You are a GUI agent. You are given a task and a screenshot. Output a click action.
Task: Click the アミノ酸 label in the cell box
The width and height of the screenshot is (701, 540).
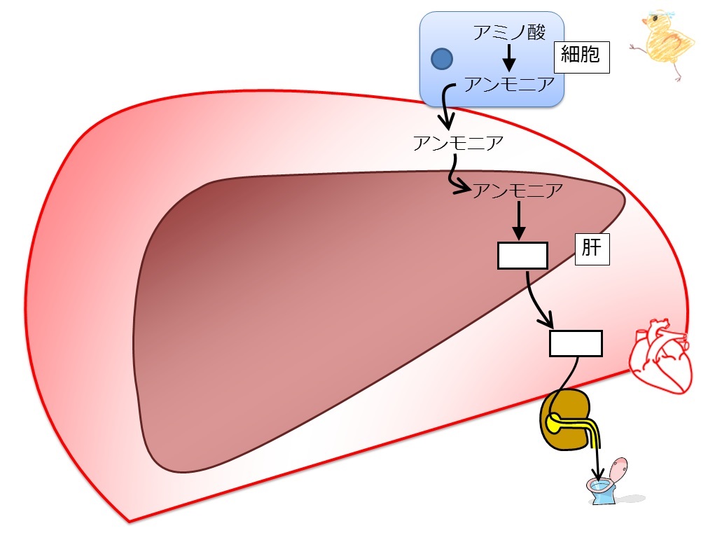(x=509, y=33)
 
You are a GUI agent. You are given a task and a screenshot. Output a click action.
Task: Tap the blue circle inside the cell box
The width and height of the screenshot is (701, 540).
(x=442, y=59)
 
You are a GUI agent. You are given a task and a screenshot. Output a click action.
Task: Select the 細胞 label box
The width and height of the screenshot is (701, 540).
(x=582, y=57)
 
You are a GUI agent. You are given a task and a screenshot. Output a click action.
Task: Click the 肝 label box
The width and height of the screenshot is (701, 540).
(x=592, y=249)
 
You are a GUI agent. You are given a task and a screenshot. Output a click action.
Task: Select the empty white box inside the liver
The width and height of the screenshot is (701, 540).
(x=522, y=256)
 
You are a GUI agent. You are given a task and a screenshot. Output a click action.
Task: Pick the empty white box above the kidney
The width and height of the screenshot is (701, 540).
(x=576, y=343)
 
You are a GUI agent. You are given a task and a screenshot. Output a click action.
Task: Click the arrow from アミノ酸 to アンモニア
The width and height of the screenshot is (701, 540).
(x=508, y=57)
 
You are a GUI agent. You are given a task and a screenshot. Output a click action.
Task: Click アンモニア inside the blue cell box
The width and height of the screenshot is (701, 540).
(x=510, y=84)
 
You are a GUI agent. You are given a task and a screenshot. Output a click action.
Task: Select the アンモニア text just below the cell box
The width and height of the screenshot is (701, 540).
(x=458, y=143)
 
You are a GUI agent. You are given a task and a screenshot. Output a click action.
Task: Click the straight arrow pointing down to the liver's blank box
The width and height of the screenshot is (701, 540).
(x=519, y=221)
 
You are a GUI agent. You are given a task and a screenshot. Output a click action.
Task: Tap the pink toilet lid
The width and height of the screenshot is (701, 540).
(x=619, y=469)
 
